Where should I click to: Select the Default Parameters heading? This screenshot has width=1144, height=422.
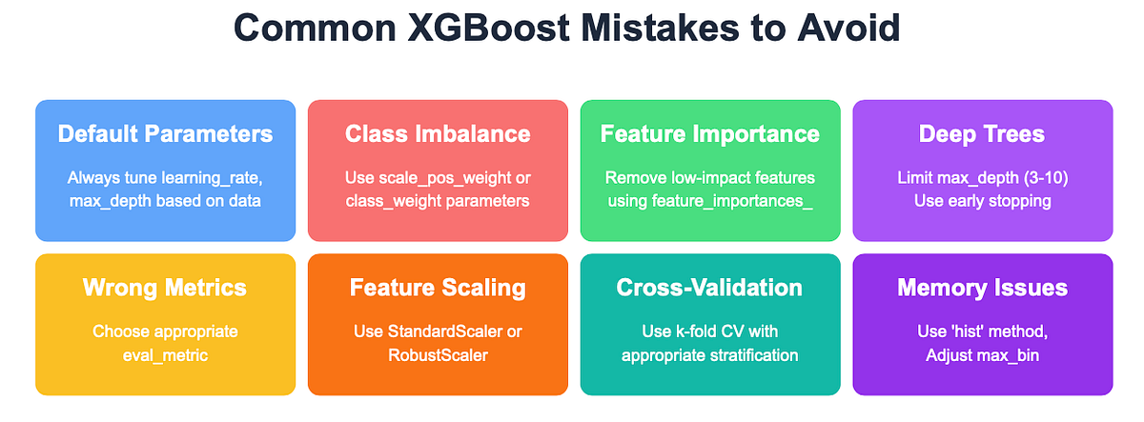(x=165, y=133)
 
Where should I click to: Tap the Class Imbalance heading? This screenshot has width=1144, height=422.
(x=438, y=133)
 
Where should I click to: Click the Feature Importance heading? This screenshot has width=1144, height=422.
(x=709, y=133)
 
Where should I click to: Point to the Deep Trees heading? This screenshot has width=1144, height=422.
(x=981, y=133)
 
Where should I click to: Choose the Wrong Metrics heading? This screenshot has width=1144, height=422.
(x=165, y=287)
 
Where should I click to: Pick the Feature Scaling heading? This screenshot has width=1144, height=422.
(x=438, y=287)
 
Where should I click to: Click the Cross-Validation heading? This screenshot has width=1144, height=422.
(x=709, y=287)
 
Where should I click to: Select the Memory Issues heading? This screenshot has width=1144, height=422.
(x=982, y=287)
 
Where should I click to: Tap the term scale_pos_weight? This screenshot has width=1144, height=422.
(x=442, y=177)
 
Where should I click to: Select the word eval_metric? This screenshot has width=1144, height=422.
(x=165, y=354)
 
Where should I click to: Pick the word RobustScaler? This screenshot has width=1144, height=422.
(x=438, y=354)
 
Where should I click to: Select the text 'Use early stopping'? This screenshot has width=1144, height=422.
(x=982, y=200)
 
